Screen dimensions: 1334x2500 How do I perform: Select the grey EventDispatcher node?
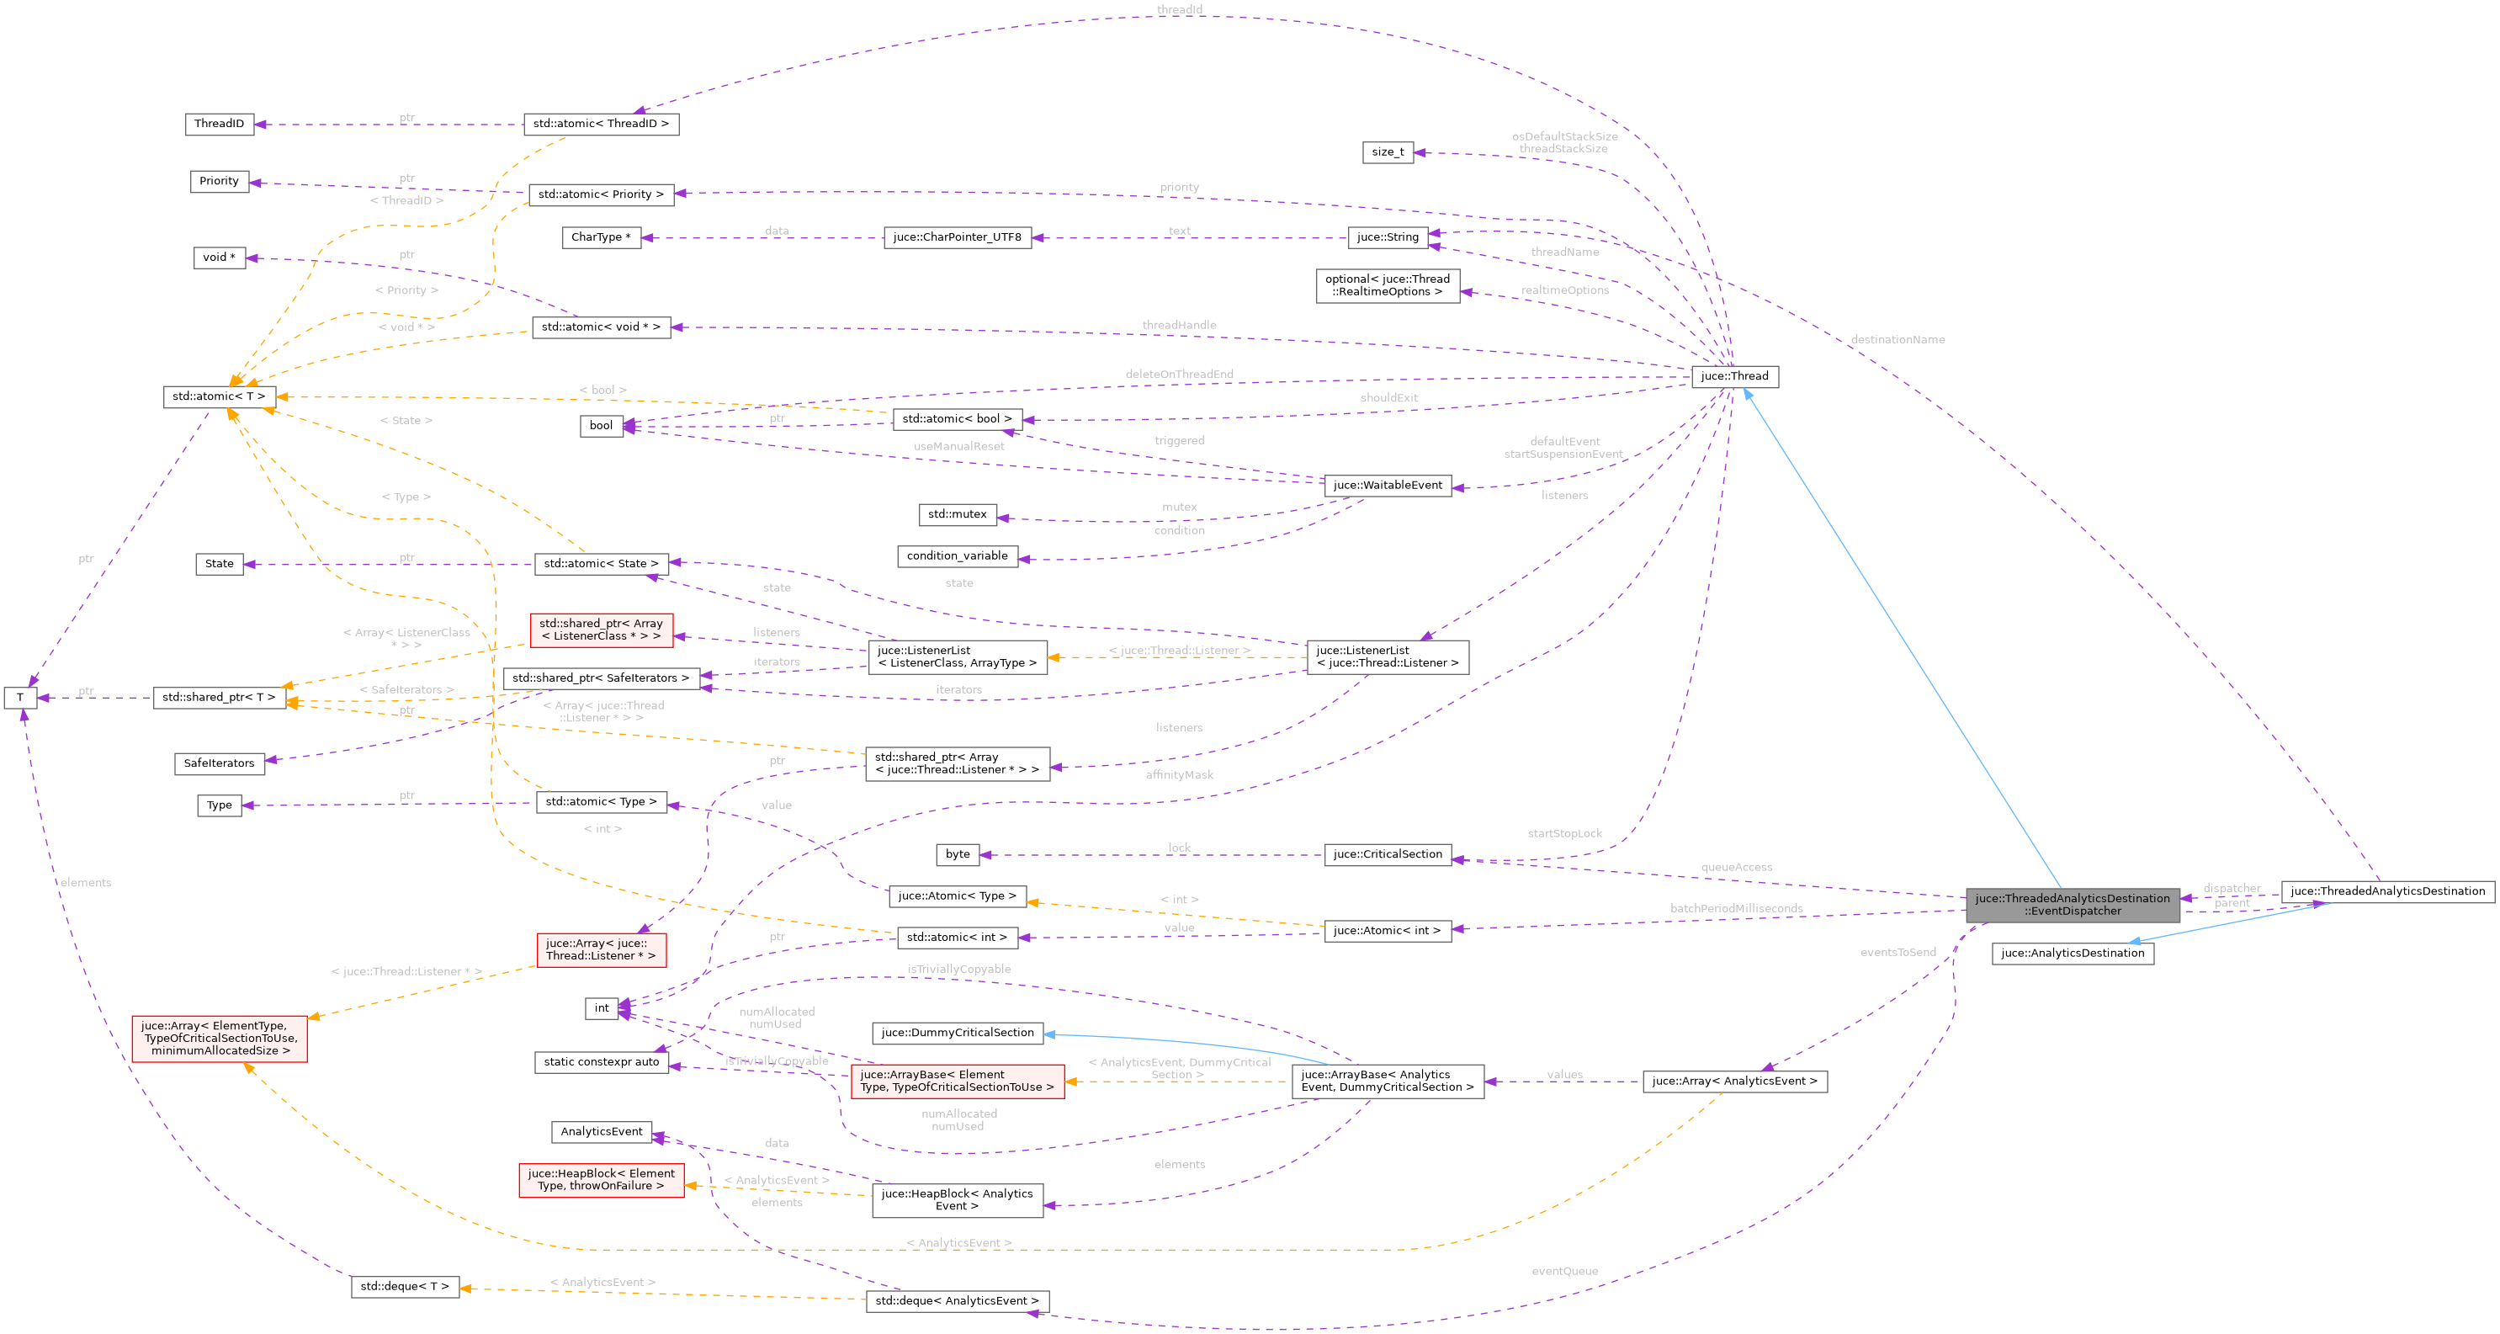(x=2072, y=905)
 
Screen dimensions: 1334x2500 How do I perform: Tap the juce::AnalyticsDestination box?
(x=2072, y=954)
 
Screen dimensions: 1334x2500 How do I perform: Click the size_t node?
(x=1388, y=152)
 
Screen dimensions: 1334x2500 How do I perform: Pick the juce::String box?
(x=1387, y=237)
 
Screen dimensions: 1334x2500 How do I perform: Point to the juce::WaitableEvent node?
(x=1387, y=486)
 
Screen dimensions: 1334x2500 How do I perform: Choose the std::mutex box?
(x=957, y=514)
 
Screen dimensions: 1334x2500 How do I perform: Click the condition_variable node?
(x=957, y=556)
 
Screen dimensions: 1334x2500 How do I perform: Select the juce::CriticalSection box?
(x=1387, y=854)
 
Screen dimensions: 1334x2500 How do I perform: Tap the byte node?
(x=957, y=854)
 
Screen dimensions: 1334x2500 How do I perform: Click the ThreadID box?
(x=219, y=125)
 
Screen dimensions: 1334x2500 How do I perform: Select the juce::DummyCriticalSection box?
(x=957, y=1033)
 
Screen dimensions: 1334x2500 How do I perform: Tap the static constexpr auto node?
(x=601, y=1062)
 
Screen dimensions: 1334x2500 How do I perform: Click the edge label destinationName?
(x=1898, y=340)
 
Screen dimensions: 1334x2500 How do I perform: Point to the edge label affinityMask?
(x=1179, y=776)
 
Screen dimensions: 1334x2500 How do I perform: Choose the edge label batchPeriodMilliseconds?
(x=1736, y=909)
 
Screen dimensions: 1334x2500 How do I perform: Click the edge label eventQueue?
(x=1564, y=1272)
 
